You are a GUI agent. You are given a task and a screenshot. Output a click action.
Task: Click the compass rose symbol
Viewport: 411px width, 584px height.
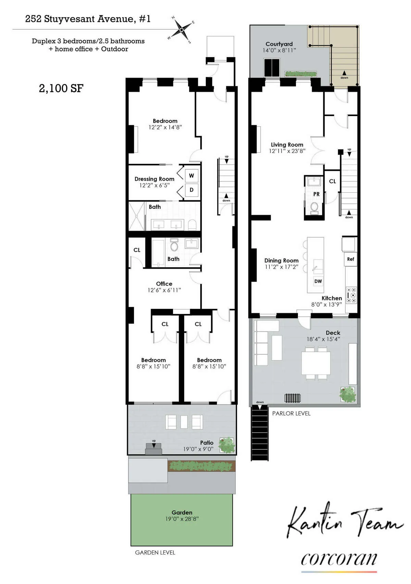pyautogui.click(x=181, y=29)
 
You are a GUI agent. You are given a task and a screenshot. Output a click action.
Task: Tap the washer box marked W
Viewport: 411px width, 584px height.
pyautogui.click(x=191, y=176)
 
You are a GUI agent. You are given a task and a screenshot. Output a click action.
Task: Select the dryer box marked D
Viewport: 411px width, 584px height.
pyautogui.click(x=191, y=190)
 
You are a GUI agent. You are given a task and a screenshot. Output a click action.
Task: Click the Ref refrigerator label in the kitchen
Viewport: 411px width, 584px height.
pyautogui.click(x=350, y=259)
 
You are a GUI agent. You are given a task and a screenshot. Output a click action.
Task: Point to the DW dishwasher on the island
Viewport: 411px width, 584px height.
pyautogui.click(x=318, y=281)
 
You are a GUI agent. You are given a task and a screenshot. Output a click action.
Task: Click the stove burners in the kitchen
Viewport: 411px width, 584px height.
pyautogui.click(x=351, y=295)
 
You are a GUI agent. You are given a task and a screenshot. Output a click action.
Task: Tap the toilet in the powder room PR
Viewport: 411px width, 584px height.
pyautogui.click(x=314, y=207)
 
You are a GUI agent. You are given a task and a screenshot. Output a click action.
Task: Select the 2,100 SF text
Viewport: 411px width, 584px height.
pyautogui.click(x=61, y=88)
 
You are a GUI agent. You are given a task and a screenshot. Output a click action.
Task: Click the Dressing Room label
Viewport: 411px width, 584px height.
pyautogui.click(x=154, y=179)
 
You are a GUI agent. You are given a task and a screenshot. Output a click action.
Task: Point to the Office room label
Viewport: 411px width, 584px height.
pyautogui.click(x=164, y=284)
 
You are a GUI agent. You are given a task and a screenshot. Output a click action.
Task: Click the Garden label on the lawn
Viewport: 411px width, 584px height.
pyautogui.click(x=182, y=512)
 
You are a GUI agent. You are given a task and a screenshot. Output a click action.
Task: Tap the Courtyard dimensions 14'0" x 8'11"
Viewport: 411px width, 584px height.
pyautogui.click(x=276, y=50)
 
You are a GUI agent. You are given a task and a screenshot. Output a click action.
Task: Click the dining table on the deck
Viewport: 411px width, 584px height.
pyautogui.click(x=316, y=363)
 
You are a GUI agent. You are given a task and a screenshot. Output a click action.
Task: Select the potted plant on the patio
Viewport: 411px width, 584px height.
pyautogui.click(x=227, y=445)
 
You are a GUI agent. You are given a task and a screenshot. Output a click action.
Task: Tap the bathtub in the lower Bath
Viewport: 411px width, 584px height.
pyautogui.click(x=158, y=253)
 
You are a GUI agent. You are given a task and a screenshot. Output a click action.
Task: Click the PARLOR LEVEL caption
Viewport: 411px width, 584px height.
pyautogui.click(x=291, y=414)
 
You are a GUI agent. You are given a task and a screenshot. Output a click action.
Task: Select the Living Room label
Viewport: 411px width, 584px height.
pyautogui.click(x=287, y=145)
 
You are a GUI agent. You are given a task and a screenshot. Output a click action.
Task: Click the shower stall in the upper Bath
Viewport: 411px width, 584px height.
pyautogui.click(x=137, y=216)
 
